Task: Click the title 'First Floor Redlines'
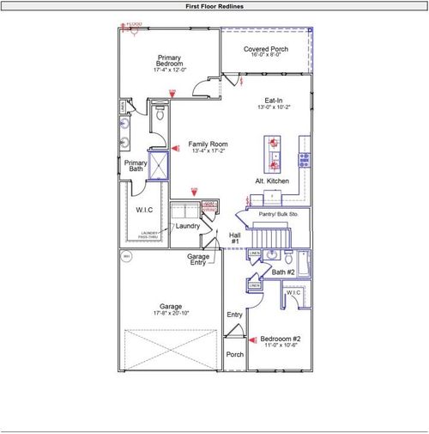pyautogui.click(x=214, y=6)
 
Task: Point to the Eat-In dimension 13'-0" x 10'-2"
pyautogui.click(x=274, y=107)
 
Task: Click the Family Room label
pyautogui.click(x=207, y=144)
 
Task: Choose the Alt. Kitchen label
pyautogui.click(x=272, y=182)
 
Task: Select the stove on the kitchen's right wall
pyautogui.click(x=304, y=159)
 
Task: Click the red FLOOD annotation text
pyautogui.click(x=135, y=24)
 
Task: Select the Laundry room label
pyautogui.click(x=189, y=226)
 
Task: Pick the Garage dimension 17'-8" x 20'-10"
pyautogui.click(x=170, y=313)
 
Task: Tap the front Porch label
pyautogui.click(x=234, y=353)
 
